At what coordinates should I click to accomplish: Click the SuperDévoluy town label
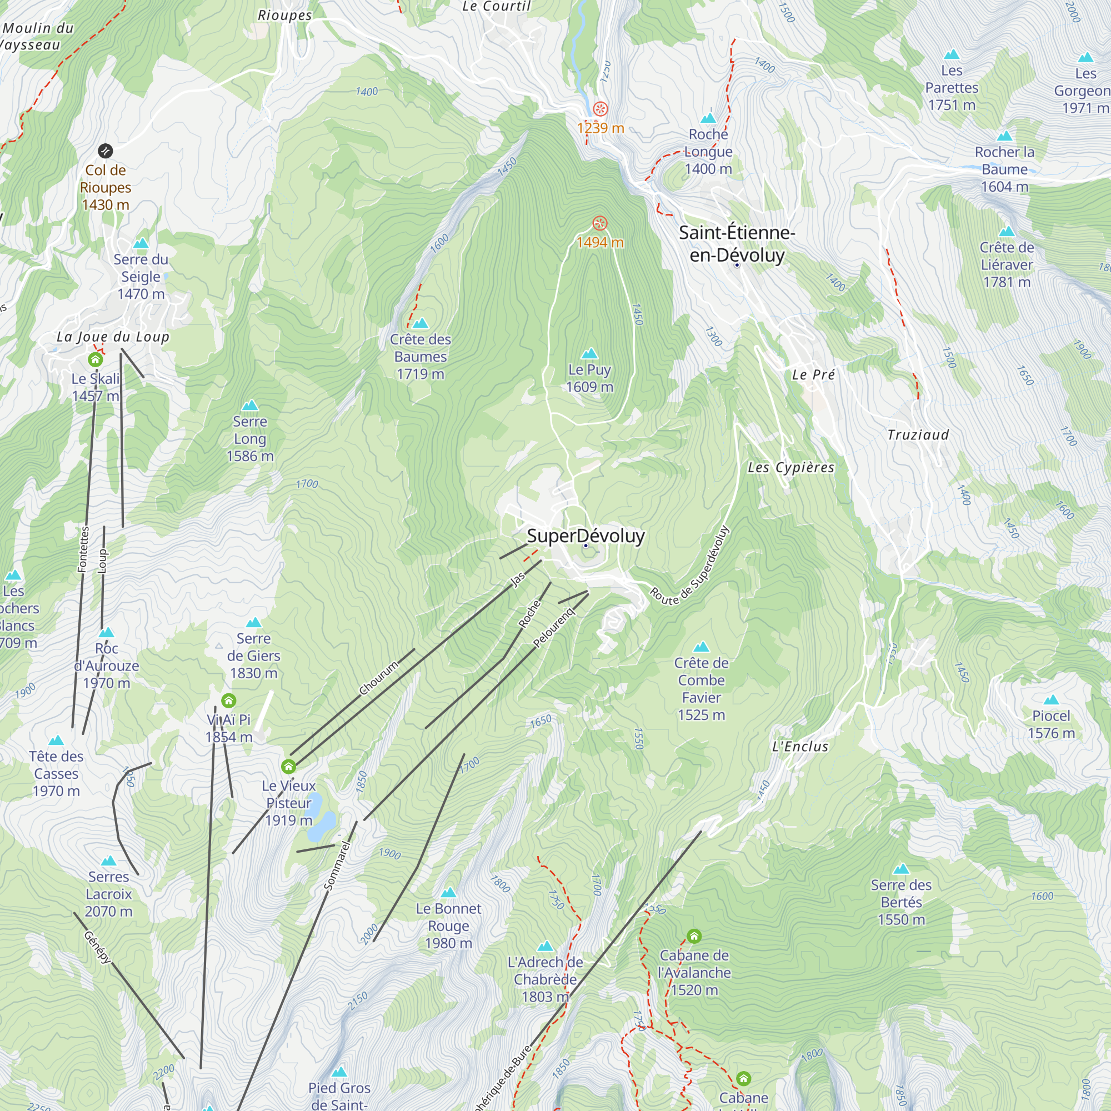pos(585,536)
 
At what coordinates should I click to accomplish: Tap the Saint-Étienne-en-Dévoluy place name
pos(737,244)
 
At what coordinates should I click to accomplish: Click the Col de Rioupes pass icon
pos(105,151)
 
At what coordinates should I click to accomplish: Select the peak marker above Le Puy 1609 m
pos(589,353)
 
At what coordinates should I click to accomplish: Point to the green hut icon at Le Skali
pos(96,359)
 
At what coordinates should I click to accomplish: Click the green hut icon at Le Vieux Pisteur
pos(289,766)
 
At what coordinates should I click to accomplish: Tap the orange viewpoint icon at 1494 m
pos(600,223)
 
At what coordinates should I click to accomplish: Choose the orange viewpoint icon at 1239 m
pos(600,109)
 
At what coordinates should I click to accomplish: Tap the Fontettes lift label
pos(83,549)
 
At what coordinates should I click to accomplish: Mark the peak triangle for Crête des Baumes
pos(421,323)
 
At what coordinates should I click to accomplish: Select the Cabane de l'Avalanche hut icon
pos(694,935)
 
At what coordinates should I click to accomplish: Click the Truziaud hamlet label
pos(917,435)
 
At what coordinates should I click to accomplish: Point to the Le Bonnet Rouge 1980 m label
pos(448,925)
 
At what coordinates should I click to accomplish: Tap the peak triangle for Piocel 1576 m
pos(1050,699)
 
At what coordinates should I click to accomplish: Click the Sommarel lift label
pos(337,865)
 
